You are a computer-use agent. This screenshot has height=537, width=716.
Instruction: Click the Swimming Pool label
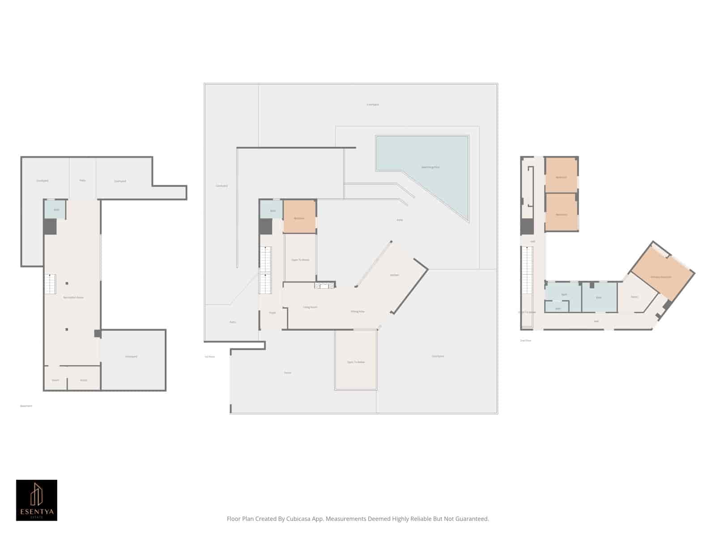pyautogui.click(x=430, y=167)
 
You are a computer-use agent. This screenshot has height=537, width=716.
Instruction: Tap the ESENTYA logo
pyautogui.click(x=37, y=500)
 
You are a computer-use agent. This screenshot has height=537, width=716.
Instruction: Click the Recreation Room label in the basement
pyautogui.click(x=73, y=298)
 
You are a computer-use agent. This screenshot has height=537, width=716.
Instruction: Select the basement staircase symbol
pyautogui.click(x=50, y=284)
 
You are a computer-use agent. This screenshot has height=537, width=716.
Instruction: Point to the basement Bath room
pyautogui.click(x=56, y=210)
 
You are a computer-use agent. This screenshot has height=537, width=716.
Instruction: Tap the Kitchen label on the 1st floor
pyautogui.click(x=394, y=275)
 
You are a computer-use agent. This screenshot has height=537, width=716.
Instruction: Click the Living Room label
pyautogui.click(x=310, y=307)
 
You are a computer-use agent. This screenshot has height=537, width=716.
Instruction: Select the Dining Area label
pyautogui.click(x=358, y=311)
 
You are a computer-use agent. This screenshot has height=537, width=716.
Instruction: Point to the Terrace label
pyautogui.click(x=288, y=373)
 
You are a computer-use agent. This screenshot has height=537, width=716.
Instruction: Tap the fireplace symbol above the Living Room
pyautogui.click(x=324, y=285)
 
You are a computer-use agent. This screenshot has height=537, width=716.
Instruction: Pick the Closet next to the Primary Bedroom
pyautogui.click(x=635, y=297)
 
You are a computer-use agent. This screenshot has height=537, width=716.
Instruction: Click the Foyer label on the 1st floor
pyautogui.click(x=272, y=313)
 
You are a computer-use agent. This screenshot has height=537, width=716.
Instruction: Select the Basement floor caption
pyautogui.click(x=26, y=406)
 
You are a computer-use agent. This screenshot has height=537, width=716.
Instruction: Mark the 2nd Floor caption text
pyautogui.click(x=525, y=341)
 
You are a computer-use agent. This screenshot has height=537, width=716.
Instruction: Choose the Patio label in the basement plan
pyautogui.click(x=82, y=180)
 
